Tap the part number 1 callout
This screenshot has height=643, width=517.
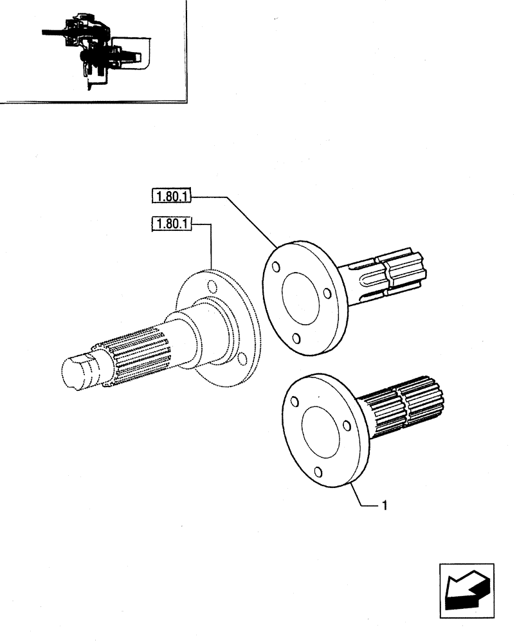pyautogui.click(x=384, y=506)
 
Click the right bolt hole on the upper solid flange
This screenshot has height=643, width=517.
pyautogui.click(x=327, y=294)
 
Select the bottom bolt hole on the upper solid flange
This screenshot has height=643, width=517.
pyautogui.click(x=294, y=338)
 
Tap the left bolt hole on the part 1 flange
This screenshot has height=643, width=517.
pyautogui.click(x=294, y=402)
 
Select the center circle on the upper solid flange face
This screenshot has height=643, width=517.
pyautogui.click(x=300, y=301)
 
